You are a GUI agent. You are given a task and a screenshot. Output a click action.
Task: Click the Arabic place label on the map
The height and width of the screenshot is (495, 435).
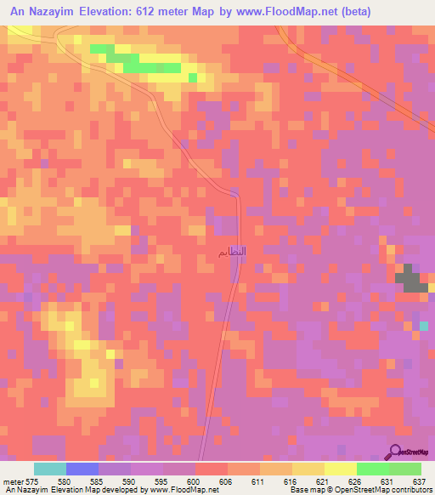point(232,253)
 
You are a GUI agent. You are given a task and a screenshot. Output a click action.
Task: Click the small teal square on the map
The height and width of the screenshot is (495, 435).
point(423,326)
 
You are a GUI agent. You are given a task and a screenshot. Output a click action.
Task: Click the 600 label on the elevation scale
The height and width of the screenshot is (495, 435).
point(196,481)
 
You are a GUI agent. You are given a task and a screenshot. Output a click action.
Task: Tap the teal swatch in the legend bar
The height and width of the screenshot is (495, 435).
point(50,469)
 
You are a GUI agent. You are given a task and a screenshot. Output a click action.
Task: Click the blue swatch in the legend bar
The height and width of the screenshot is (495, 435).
point(82,469)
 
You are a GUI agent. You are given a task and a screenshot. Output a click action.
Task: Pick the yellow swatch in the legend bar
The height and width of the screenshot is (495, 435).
point(340,469)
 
